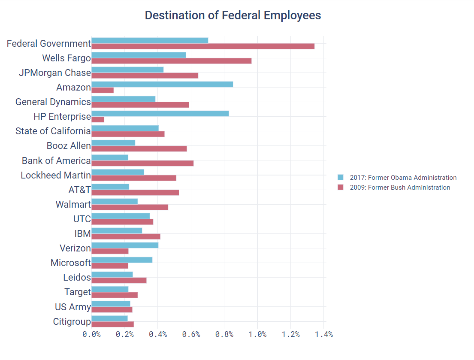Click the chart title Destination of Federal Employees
[232, 15]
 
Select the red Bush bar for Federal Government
[202, 46]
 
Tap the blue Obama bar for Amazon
[162, 84]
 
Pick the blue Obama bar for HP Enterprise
[160, 113]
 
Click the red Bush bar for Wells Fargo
[171, 61]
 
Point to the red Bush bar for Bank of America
[142, 163]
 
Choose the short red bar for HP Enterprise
[98, 119]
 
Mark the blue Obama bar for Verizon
[125, 245]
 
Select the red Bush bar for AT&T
[135, 192]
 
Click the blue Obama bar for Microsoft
[122, 260]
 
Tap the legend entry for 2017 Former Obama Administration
[397, 178]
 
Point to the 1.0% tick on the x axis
[257, 335]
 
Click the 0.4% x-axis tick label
[158, 335]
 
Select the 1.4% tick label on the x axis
[324, 335]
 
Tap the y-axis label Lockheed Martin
[56, 175]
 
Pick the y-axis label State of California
[53, 131]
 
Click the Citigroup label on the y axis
[72, 321]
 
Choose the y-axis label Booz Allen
[69, 146]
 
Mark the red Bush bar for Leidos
[119, 280]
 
